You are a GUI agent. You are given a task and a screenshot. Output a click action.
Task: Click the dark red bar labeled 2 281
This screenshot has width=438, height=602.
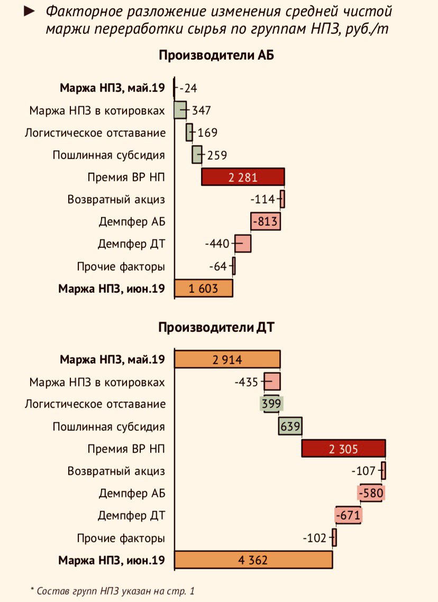tap(243, 177)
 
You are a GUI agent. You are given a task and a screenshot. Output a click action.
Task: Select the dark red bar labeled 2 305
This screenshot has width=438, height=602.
tap(343, 449)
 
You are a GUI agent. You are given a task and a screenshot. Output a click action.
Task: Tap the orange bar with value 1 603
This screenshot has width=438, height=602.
tap(204, 288)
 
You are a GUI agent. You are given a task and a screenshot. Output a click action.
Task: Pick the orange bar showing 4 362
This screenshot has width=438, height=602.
tap(253, 560)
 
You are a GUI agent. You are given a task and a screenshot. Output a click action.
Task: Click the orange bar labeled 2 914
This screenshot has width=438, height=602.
tap(227, 360)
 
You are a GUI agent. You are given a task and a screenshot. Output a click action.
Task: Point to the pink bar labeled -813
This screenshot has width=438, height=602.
tap(266, 221)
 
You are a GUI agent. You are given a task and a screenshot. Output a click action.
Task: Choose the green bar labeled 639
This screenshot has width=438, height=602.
tap(290, 426)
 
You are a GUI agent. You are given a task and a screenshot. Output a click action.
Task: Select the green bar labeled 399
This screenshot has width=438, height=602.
tap(271, 404)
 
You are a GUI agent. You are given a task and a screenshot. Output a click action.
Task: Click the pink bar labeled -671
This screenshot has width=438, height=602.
tap(348, 515)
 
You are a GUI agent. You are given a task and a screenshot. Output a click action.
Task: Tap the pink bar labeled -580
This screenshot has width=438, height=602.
tap(370, 493)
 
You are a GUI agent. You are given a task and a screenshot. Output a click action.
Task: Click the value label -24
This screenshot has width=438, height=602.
tap(188, 88)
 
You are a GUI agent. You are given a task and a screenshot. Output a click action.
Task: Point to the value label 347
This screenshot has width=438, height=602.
tap(202, 110)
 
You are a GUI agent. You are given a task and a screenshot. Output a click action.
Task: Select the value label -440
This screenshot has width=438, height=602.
tap(217, 244)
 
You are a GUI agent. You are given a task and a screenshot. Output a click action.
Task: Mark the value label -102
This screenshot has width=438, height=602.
tap(316, 538)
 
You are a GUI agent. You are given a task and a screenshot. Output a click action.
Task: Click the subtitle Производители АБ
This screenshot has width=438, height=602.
tap(216, 55)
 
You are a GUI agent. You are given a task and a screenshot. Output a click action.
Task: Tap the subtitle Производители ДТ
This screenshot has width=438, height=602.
tap(216, 327)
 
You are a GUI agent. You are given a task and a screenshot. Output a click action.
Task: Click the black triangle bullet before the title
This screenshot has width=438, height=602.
tap(31, 11)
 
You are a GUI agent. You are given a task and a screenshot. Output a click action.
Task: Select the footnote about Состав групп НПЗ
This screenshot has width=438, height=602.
tap(112, 590)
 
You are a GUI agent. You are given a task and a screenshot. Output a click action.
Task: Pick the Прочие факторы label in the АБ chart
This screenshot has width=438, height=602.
tap(121, 266)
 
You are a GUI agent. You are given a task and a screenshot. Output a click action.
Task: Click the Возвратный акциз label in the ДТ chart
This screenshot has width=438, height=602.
tap(116, 471)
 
